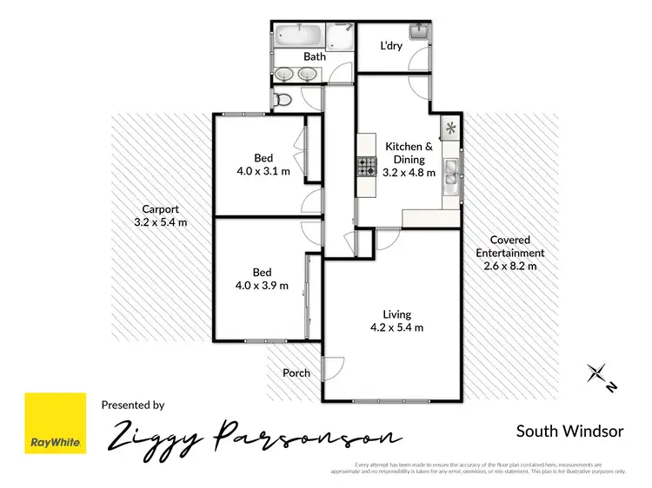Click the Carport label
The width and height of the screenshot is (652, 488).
(x=162, y=209)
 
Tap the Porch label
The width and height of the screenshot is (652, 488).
(x=296, y=373)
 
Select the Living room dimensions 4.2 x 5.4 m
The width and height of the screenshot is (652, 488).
(x=397, y=327)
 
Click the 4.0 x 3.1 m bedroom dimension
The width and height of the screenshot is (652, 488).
(x=263, y=171)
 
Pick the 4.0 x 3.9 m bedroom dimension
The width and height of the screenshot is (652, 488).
(x=262, y=286)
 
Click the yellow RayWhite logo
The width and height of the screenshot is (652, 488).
(x=56, y=423)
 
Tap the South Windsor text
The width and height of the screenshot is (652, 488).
(x=569, y=431)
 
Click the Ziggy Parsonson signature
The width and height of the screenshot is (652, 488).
(x=253, y=436)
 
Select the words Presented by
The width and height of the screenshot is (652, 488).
(x=133, y=405)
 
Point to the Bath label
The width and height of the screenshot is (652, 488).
(x=314, y=57)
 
